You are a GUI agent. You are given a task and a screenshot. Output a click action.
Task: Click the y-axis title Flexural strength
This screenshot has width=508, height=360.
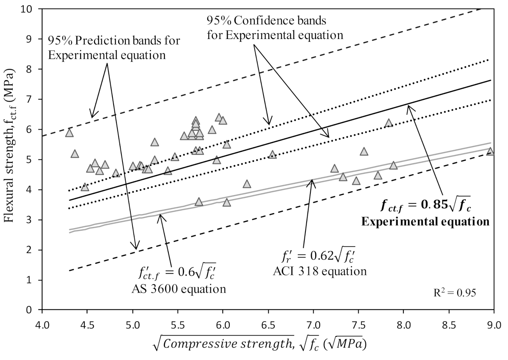pos(9,148)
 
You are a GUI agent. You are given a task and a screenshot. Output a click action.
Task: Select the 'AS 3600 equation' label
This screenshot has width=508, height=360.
pos(179,289)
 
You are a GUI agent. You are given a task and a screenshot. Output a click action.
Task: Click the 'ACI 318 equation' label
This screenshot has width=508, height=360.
pos(320,271)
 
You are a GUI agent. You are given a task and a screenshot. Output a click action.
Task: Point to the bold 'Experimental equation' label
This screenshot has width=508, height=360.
pos(425,222)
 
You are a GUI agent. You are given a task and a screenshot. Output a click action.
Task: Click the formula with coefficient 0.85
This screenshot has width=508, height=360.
pos(426,206)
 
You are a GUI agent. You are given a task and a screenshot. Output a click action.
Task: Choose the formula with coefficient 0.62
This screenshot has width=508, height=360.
pos(318,256)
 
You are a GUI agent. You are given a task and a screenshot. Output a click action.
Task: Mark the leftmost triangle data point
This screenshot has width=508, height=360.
pos(69,133)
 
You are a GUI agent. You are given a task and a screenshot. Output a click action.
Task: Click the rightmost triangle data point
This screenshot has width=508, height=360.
pos(490,151)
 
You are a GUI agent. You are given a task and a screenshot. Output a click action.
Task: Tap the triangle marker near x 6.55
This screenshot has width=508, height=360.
pos(272,155)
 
